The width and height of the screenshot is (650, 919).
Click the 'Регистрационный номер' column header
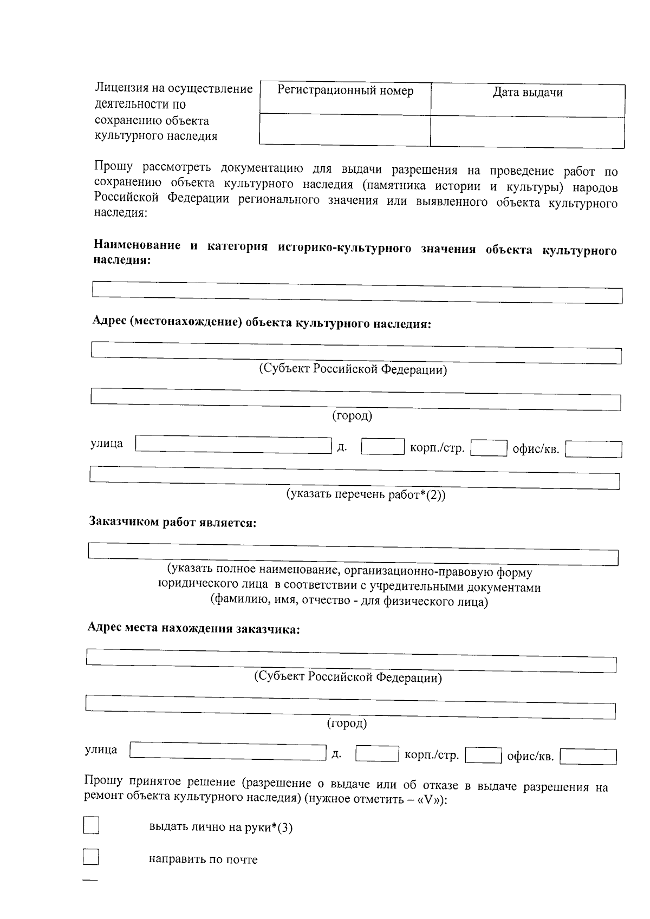[345, 91]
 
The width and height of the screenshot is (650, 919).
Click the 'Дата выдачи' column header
[527, 93]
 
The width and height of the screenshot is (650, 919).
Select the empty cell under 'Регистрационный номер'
[345, 129]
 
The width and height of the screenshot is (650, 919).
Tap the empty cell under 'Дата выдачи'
[527, 132]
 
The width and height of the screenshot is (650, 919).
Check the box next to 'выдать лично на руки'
[91, 825]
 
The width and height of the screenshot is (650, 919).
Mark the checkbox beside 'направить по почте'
[90, 857]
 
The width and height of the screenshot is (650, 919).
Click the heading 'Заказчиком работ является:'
[172, 522]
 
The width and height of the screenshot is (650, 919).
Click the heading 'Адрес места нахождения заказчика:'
[193, 628]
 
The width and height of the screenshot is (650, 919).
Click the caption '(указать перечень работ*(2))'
[366, 494]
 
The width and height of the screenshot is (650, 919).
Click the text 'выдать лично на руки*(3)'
[220, 827]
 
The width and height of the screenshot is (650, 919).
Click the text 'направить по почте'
[203, 859]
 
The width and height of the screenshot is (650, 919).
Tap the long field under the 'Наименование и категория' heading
[357, 292]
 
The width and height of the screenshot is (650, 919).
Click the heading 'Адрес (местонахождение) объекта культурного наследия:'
[262, 323]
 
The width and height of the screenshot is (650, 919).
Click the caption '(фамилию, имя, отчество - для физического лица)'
[349, 601]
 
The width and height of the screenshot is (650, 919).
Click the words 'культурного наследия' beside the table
[156, 136]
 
